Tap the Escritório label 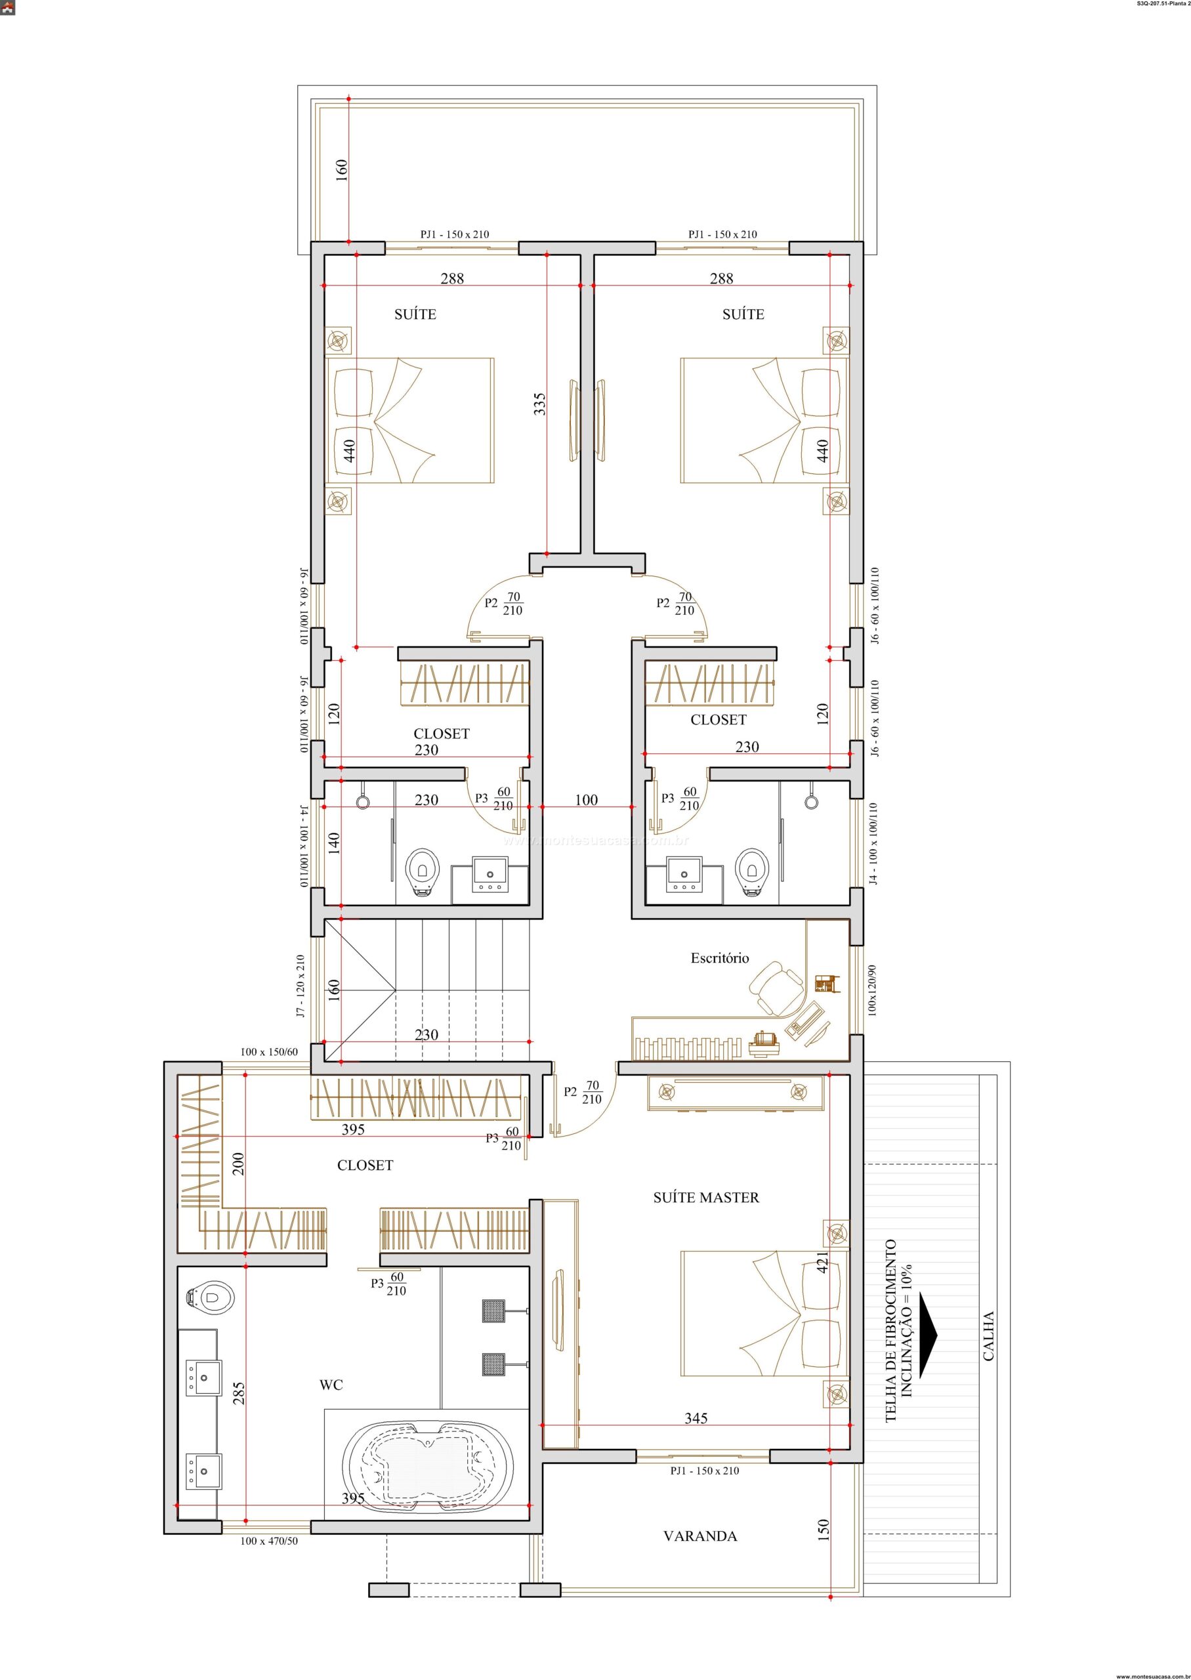point(719,957)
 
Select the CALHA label point(989,1336)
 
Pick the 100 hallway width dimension point(586,800)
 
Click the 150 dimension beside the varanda point(823,1528)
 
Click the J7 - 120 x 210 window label point(300,986)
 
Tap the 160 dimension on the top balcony point(342,170)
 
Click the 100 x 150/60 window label point(269,1052)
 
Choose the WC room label point(331,1385)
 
